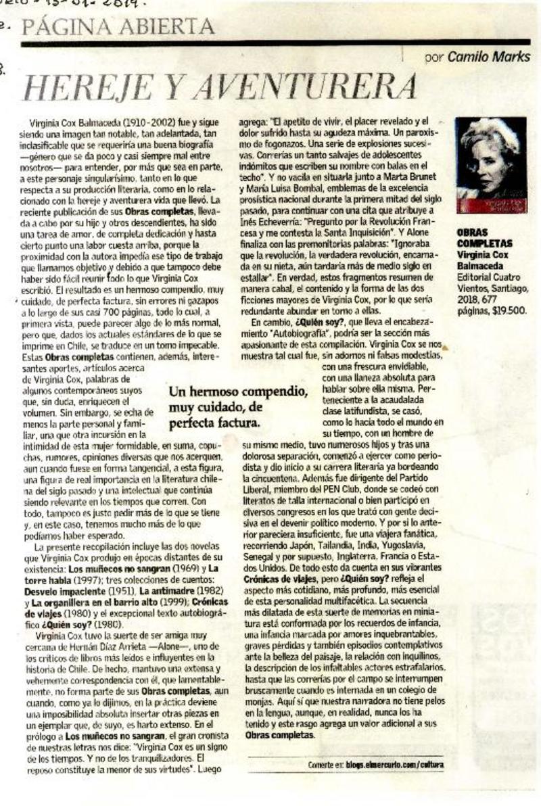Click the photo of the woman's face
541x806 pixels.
point(491,162)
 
